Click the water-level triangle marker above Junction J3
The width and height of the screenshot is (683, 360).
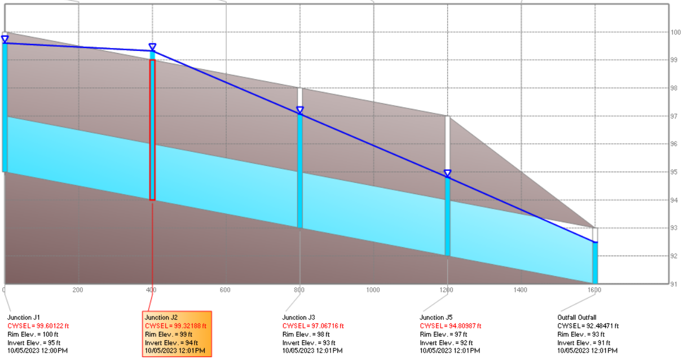300,110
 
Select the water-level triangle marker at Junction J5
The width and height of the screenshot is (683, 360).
447,173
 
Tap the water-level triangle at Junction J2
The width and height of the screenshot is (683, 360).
152,47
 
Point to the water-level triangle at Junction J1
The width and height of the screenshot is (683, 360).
5,39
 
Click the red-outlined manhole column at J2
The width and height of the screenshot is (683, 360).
152,130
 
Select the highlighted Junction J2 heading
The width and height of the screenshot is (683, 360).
161,318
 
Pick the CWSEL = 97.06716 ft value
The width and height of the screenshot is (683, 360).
313,326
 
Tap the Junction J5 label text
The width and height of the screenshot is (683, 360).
436,318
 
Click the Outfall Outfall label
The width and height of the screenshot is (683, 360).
576,318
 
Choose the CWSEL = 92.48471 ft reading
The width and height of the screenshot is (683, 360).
588,326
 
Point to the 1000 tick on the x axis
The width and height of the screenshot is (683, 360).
373,290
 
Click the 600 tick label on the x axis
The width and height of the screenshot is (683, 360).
226,290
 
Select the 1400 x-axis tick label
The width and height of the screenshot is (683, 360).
521,290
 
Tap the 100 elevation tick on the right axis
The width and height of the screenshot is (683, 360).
676,32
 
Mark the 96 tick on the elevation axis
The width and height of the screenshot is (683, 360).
674,144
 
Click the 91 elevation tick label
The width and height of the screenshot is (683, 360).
674,284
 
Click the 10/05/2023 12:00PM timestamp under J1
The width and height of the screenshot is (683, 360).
37,351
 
